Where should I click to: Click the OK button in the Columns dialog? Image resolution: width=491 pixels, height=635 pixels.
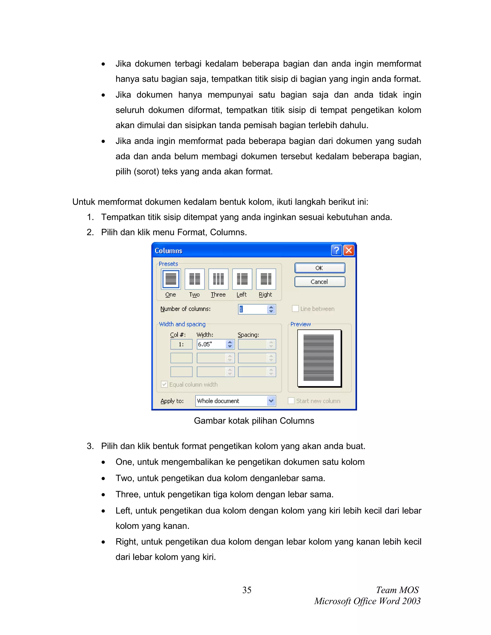(x=319, y=268)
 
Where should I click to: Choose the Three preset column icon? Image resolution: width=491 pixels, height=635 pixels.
(x=218, y=279)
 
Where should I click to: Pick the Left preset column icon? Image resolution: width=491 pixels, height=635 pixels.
(x=242, y=279)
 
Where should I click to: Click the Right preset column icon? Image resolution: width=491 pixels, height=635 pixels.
(x=266, y=279)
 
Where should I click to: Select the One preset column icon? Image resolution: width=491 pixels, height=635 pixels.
(x=171, y=279)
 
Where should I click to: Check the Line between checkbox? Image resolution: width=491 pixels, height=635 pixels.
(x=295, y=309)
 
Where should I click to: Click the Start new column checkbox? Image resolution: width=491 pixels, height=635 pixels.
(x=291, y=401)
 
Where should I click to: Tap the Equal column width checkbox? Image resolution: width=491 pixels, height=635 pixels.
(x=164, y=384)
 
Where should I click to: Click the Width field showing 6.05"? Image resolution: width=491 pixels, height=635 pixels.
(x=211, y=344)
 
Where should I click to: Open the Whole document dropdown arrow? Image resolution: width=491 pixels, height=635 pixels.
(x=271, y=401)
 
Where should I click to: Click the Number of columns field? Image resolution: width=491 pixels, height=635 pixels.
(x=252, y=309)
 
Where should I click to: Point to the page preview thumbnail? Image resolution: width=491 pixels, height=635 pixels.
(x=319, y=358)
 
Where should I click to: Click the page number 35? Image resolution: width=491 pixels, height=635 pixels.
(x=247, y=590)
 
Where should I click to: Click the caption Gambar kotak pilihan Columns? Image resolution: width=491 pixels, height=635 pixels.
(x=254, y=421)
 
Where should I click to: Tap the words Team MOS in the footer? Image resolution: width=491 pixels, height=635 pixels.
(x=397, y=590)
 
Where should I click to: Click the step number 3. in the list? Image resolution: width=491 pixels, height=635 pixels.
(x=90, y=446)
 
